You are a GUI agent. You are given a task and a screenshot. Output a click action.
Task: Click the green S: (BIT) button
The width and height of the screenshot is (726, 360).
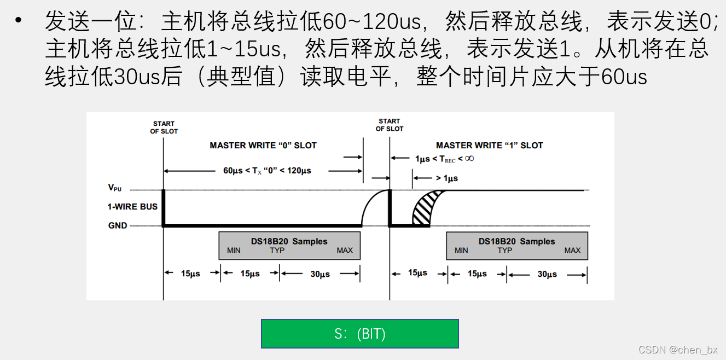pos(359,334)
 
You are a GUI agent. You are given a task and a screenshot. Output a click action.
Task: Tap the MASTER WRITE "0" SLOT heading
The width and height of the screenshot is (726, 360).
pos(263,146)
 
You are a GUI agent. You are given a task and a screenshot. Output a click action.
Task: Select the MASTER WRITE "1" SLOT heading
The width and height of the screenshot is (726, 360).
pos(489,146)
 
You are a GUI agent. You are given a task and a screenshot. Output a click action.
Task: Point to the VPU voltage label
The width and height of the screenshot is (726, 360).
pos(115,188)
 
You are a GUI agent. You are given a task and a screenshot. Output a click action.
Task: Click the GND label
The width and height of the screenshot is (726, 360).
pos(118,225)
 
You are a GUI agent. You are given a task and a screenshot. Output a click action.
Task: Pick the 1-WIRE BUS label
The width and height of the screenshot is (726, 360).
pos(132,207)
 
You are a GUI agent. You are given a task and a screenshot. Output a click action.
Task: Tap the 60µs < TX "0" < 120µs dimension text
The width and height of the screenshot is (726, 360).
pos(267,171)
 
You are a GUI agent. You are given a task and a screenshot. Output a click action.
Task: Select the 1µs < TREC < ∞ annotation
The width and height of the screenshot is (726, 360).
pos(444,159)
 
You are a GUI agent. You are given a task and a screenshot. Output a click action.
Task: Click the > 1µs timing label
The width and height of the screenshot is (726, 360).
pos(446,178)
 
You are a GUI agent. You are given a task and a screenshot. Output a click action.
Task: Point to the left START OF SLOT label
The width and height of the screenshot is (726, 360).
pos(164,127)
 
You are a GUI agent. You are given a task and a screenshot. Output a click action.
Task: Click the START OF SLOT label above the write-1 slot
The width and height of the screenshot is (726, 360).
pos(389,125)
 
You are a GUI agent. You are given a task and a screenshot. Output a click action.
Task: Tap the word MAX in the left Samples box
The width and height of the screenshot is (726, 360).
pos(345,251)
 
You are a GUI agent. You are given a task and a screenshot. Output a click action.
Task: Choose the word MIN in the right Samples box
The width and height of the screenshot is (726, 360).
pos(461,251)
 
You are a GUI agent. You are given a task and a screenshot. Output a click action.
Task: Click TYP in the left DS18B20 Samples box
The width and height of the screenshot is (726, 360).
pos(277,251)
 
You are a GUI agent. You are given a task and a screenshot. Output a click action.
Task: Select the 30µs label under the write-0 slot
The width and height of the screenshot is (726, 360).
pos(320,274)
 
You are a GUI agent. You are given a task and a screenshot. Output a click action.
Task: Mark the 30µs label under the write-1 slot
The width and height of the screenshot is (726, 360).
pos(547,274)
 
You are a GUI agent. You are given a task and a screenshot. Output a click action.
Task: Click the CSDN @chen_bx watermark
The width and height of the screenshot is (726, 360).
pos(678,350)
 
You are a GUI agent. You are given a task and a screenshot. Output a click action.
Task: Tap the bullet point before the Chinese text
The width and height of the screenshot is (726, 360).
pos(20,21)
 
